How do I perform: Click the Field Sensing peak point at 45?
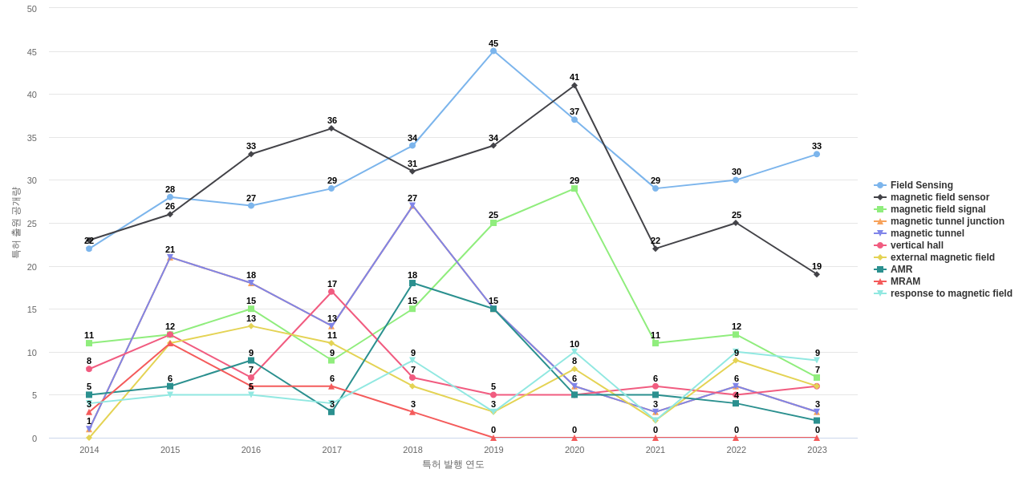[x=493, y=51]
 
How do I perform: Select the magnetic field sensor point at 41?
[x=574, y=86]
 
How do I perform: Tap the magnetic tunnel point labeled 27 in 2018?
[x=412, y=206]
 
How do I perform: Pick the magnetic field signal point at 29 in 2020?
[x=574, y=188]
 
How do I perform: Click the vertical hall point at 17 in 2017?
[x=331, y=292]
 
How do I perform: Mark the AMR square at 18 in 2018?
[x=412, y=283]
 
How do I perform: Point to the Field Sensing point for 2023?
[x=817, y=154]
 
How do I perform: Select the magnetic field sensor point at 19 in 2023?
[x=817, y=274]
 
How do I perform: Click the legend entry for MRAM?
[x=905, y=281]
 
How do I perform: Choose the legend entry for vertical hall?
[x=916, y=245]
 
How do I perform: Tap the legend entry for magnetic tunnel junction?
[x=947, y=221]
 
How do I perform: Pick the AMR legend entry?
[x=901, y=269]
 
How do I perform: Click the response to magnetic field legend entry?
[x=951, y=293]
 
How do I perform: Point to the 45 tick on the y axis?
[x=32, y=52]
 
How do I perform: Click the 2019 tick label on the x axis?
[x=493, y=450]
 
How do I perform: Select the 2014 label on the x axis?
[x=89, y=450]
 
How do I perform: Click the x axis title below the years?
[x=453, y=464]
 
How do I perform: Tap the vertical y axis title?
[x=15, y=223]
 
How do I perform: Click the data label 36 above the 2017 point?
[x=332, y=120]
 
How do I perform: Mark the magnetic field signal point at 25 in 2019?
[x=493, y=223]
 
